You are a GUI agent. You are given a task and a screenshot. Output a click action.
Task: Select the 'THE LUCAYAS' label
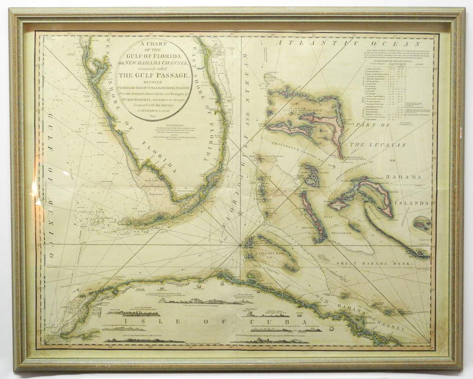(379, 144)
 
